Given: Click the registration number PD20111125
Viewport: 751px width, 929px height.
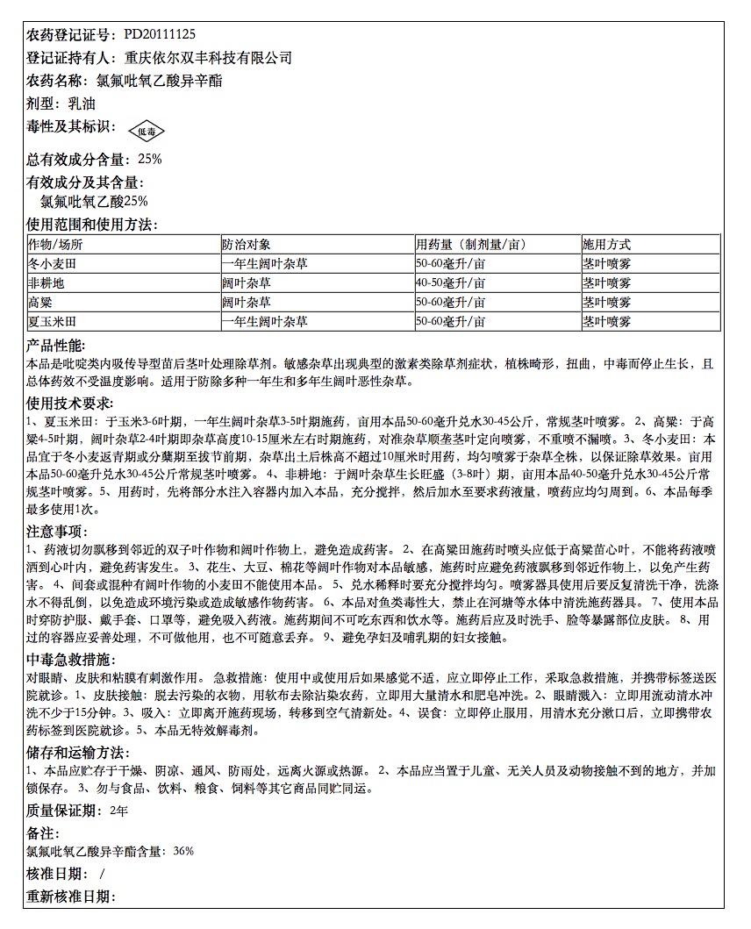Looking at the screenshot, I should (160, 35).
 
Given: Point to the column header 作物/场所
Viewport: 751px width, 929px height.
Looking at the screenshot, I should (56, 245).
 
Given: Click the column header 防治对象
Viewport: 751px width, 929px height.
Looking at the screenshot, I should (247, 245).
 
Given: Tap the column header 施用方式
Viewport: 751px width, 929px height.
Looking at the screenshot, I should (606, 245).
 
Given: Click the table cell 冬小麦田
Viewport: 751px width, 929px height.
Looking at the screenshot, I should (53, 263).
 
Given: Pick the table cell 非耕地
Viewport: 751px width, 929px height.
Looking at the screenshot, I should (46, 283).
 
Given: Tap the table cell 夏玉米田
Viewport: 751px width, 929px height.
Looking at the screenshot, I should (53, 322).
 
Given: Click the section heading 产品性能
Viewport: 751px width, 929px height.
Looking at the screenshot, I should (56, 346).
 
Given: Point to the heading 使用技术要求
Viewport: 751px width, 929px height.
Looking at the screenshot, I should (68, 403).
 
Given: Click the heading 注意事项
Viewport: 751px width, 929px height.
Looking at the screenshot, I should (56, 531).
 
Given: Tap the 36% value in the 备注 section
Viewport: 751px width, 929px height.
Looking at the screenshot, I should (183, 851).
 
